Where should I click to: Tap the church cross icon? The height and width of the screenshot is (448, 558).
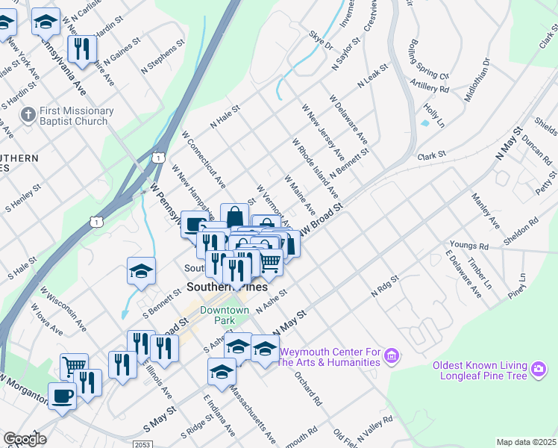tap(28, 116)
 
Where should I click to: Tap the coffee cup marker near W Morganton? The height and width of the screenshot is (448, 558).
tap(62, 396)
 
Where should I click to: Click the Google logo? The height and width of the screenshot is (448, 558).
tap(25, 439)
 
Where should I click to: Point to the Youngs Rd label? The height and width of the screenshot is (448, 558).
tap(468, 245)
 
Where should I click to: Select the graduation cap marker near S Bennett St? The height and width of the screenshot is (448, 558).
tap(141, 272)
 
